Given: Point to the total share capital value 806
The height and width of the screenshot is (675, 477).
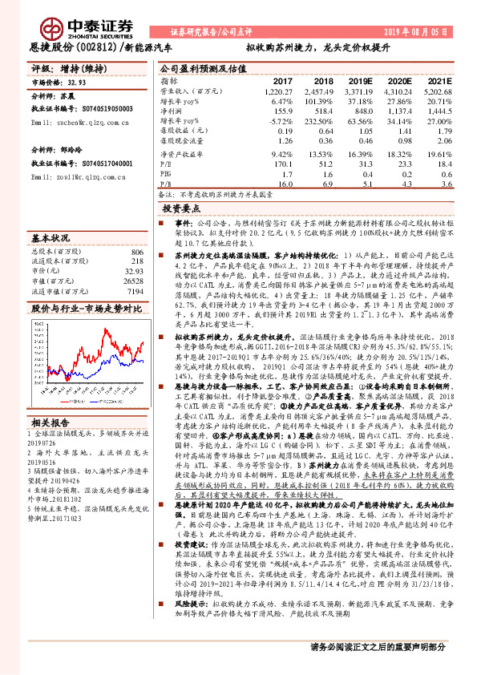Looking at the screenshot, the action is click(137, 252).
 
